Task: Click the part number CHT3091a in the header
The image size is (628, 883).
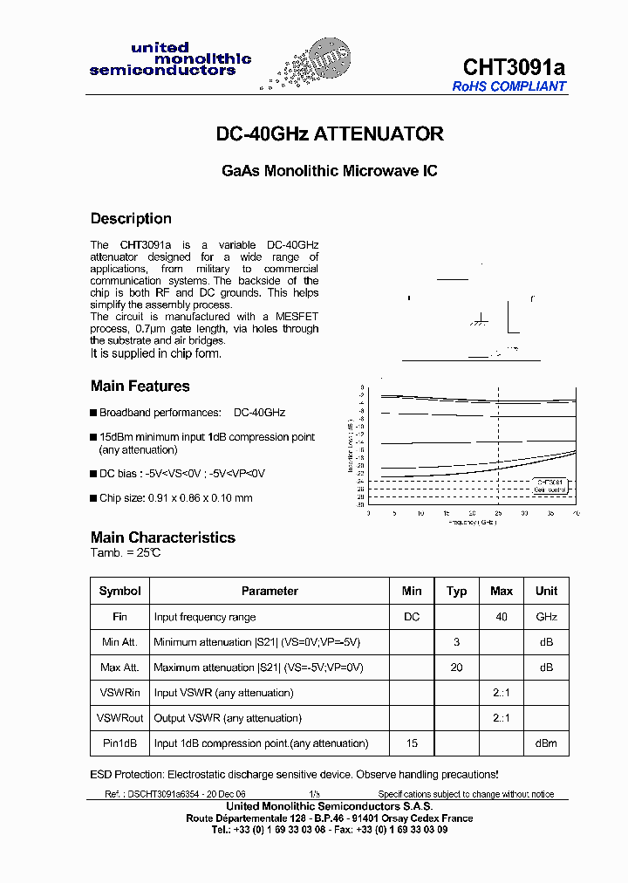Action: pyautogui.click(x=514, y=67)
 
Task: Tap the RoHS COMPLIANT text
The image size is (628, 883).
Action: pyautogui.click(x=509, y=86)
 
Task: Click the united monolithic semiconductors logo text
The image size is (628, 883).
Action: pyautogui.click(x=170, y=59)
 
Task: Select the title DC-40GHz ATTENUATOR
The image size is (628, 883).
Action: pyautogui.click(x=330, y=134)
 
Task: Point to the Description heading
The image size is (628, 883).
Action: pyautogui.click(x=131, y=218)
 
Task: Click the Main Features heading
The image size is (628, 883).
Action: pyautogui.click(x=140, y=386)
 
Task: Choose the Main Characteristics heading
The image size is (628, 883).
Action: pyautogui.click(x=163, y=537)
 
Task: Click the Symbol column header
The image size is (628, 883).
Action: pyautogui.click(x=120, y=591)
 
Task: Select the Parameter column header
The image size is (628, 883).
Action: pyautogui.click(x=270, y=591)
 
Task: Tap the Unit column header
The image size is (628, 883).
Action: pyautogui.click(x=546, y=591)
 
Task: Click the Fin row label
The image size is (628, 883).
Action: pyautogui.click(x=120, y=617)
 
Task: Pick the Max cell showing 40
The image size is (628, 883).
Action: pyautogui.click(x=502, y=617)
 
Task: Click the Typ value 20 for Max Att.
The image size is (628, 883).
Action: pyautogui.click(x=456, y=667)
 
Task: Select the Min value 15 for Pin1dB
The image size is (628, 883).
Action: pyautogui.click(x=412, y=743)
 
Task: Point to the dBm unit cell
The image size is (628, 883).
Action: pyautogui.click(x=546, y=743)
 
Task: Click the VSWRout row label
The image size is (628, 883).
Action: pyautogui.click(x=120, y=718)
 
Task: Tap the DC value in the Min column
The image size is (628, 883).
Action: pyautogui.click(x=412, y=617)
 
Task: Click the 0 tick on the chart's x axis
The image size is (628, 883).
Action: pyautogui.click(x=368, y=514)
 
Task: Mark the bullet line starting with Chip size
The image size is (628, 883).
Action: pyautogui.click(x=175, y=498)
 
